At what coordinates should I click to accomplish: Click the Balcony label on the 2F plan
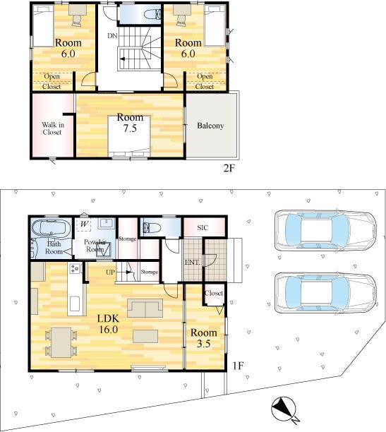(210, 126)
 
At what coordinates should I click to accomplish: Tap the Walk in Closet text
(53, 128)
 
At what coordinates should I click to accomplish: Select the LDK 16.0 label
(108, 324)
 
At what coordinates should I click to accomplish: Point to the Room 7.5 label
(130, 123)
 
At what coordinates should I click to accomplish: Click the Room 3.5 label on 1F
(204, 338)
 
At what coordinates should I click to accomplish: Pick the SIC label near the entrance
(203, 228)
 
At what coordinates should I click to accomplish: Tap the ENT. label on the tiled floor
(192, 263)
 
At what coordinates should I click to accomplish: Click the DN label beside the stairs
(112, 35)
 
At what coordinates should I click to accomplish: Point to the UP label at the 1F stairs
(110, 272)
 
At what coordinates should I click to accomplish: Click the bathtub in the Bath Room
(50, 229)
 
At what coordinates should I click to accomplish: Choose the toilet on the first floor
(152, 228)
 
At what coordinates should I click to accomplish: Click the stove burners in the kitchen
(75, 268)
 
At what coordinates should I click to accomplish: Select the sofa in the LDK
(145, 308)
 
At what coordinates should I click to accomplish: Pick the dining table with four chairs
(61, 342)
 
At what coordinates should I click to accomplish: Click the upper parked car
(325, 230)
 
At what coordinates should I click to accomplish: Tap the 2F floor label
(229, 168)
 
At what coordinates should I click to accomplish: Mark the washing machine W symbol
(84, 224)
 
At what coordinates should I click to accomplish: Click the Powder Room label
(95, 246)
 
